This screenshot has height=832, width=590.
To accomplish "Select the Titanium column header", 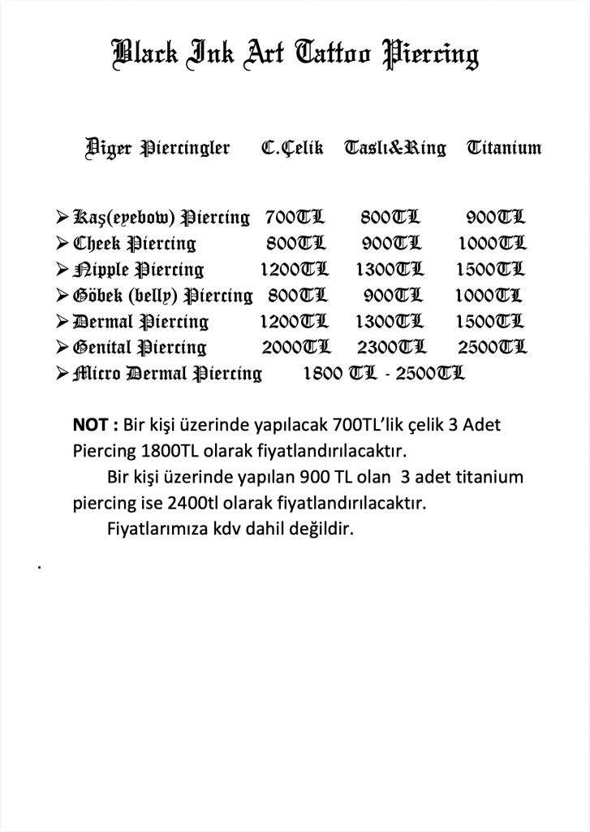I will [x=504, y=148].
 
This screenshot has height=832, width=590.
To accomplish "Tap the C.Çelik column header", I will [x=292, y=149].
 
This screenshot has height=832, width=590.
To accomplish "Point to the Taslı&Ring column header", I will [x=395, y=149].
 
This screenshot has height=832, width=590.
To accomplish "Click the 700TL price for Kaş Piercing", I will [x=294, y=217].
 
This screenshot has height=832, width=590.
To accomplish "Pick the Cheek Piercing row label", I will [x=135, y=244].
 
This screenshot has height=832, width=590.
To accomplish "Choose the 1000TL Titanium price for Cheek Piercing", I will [x=492, y=244].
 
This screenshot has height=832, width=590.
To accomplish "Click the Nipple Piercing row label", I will [x=139, y=270].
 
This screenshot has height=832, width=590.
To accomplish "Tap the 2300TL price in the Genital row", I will [x=391, y=348].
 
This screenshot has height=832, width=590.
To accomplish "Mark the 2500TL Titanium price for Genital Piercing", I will [x=492, y=348].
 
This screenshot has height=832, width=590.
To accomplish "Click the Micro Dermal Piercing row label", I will [x=167, y=374].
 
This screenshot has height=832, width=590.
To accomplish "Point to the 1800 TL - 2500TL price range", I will [x=383, y=374].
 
